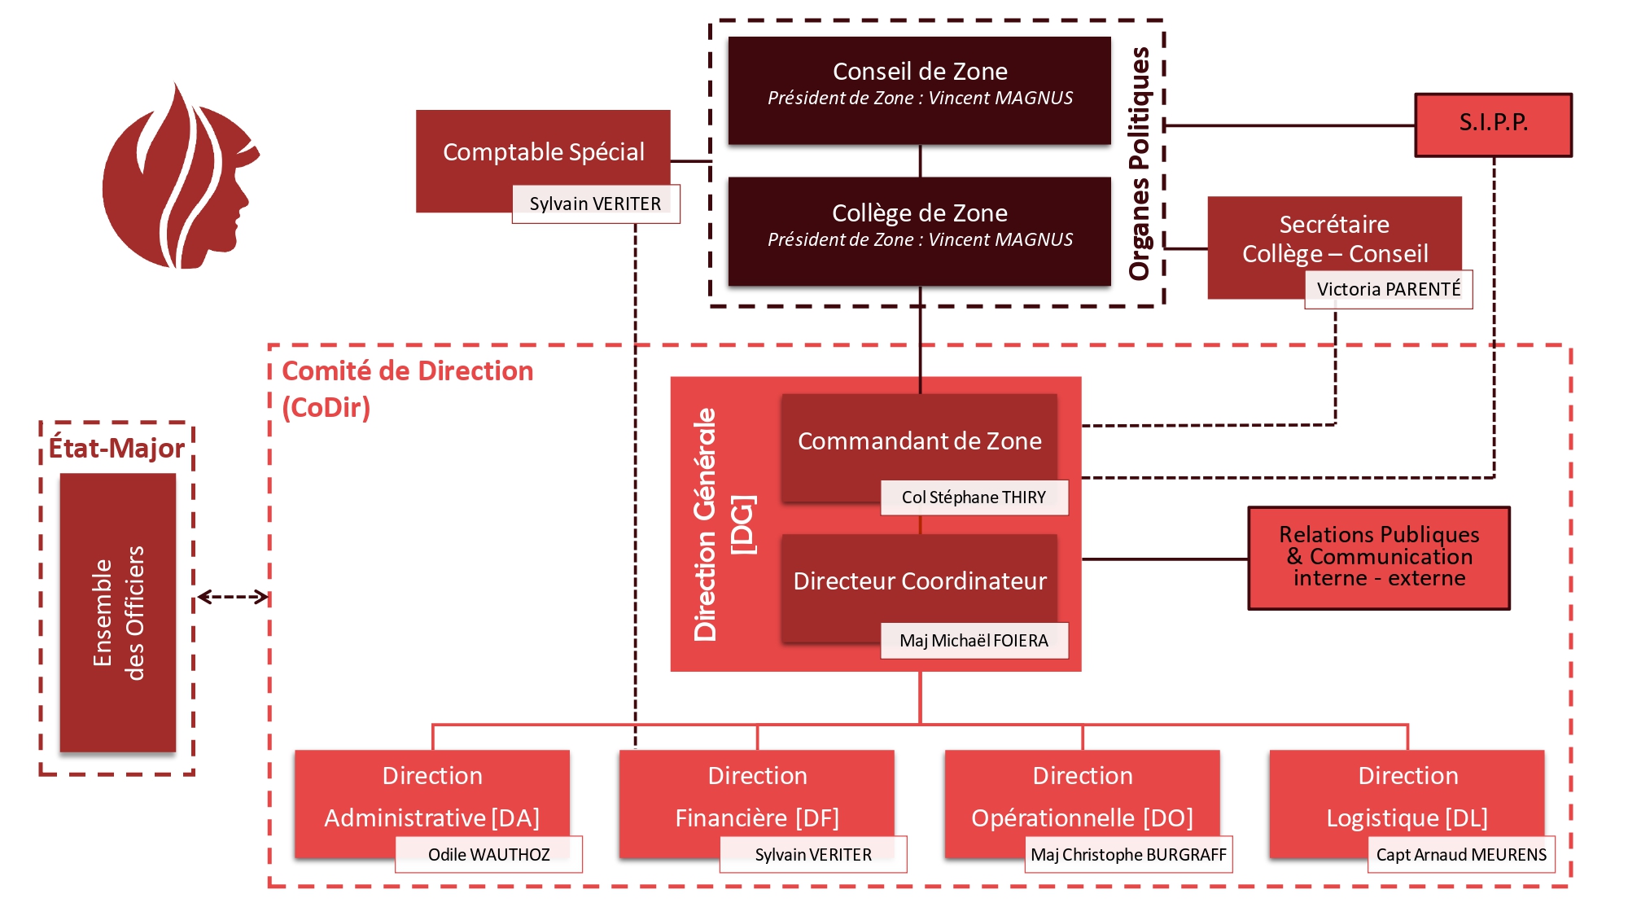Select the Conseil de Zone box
click(919, 90)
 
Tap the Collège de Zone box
click(919, 230)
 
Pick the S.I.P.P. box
click(1493, 125)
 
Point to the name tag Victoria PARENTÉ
click(1388, 289)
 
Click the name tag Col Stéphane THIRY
click(974, 497)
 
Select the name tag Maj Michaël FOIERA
click(974, 641)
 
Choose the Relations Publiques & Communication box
click(1379, 558)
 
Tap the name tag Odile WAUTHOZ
click(488, 854)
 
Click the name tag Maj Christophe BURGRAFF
click(1128, 854)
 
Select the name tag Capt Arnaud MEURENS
click(1461, 854)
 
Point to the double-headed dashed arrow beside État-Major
click(233, 597)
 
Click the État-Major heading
click(116, 448)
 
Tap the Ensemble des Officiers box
click(118, 612)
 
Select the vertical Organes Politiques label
click(1140, 163)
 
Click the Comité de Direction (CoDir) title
click(407, 388)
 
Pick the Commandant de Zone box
click(919, 441)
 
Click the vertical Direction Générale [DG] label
click(723, 524)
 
